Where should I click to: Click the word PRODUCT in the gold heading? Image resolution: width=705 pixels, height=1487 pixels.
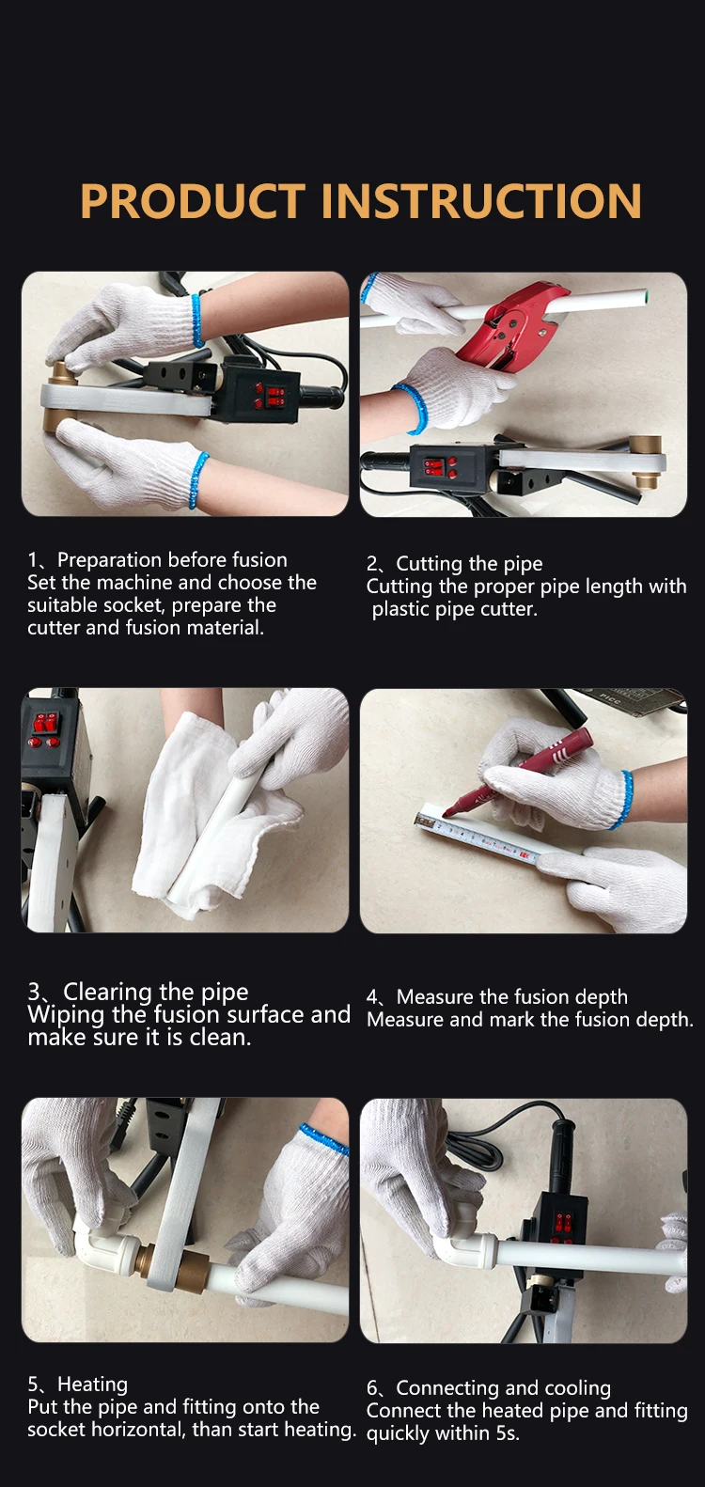click(x=193, y=200)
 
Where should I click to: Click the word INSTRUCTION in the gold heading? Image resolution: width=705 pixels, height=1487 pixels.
click(x=481, y=200)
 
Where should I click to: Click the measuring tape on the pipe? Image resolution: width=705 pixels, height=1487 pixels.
click(x=478, y=836)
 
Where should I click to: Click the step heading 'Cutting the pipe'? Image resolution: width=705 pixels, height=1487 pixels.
click(x=469, y=564)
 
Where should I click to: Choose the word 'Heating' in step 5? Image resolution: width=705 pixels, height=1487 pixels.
click(x=92, y=1385)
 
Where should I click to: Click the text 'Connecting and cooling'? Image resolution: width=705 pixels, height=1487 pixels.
click(x=503, y=1388)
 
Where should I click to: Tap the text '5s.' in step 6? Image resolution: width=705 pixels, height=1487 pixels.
click(x=508, y=1433)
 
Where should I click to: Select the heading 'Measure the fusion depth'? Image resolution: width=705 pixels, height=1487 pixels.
click(x=511, y=996)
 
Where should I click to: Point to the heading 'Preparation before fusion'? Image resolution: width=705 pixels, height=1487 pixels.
click(x=172, y=559)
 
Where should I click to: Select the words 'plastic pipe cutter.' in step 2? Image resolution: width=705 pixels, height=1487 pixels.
click(x=454, y=609)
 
